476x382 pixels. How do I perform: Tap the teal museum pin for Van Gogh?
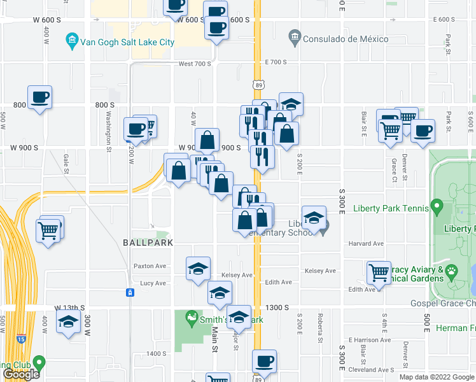(x=73, y=41)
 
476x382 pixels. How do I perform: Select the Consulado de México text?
(x=346, y=39)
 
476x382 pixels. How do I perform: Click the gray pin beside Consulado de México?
(x=295, y=38)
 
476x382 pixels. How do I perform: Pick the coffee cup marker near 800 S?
(x=39, y=97)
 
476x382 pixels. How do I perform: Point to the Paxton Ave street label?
(x=150, y=266)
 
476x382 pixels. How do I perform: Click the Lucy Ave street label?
(x=153, y=283)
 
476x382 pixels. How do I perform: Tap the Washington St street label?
(x=109, y=132)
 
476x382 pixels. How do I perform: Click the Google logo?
(x=21, y=374)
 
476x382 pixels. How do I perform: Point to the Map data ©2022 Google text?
(x=437, y=377)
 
